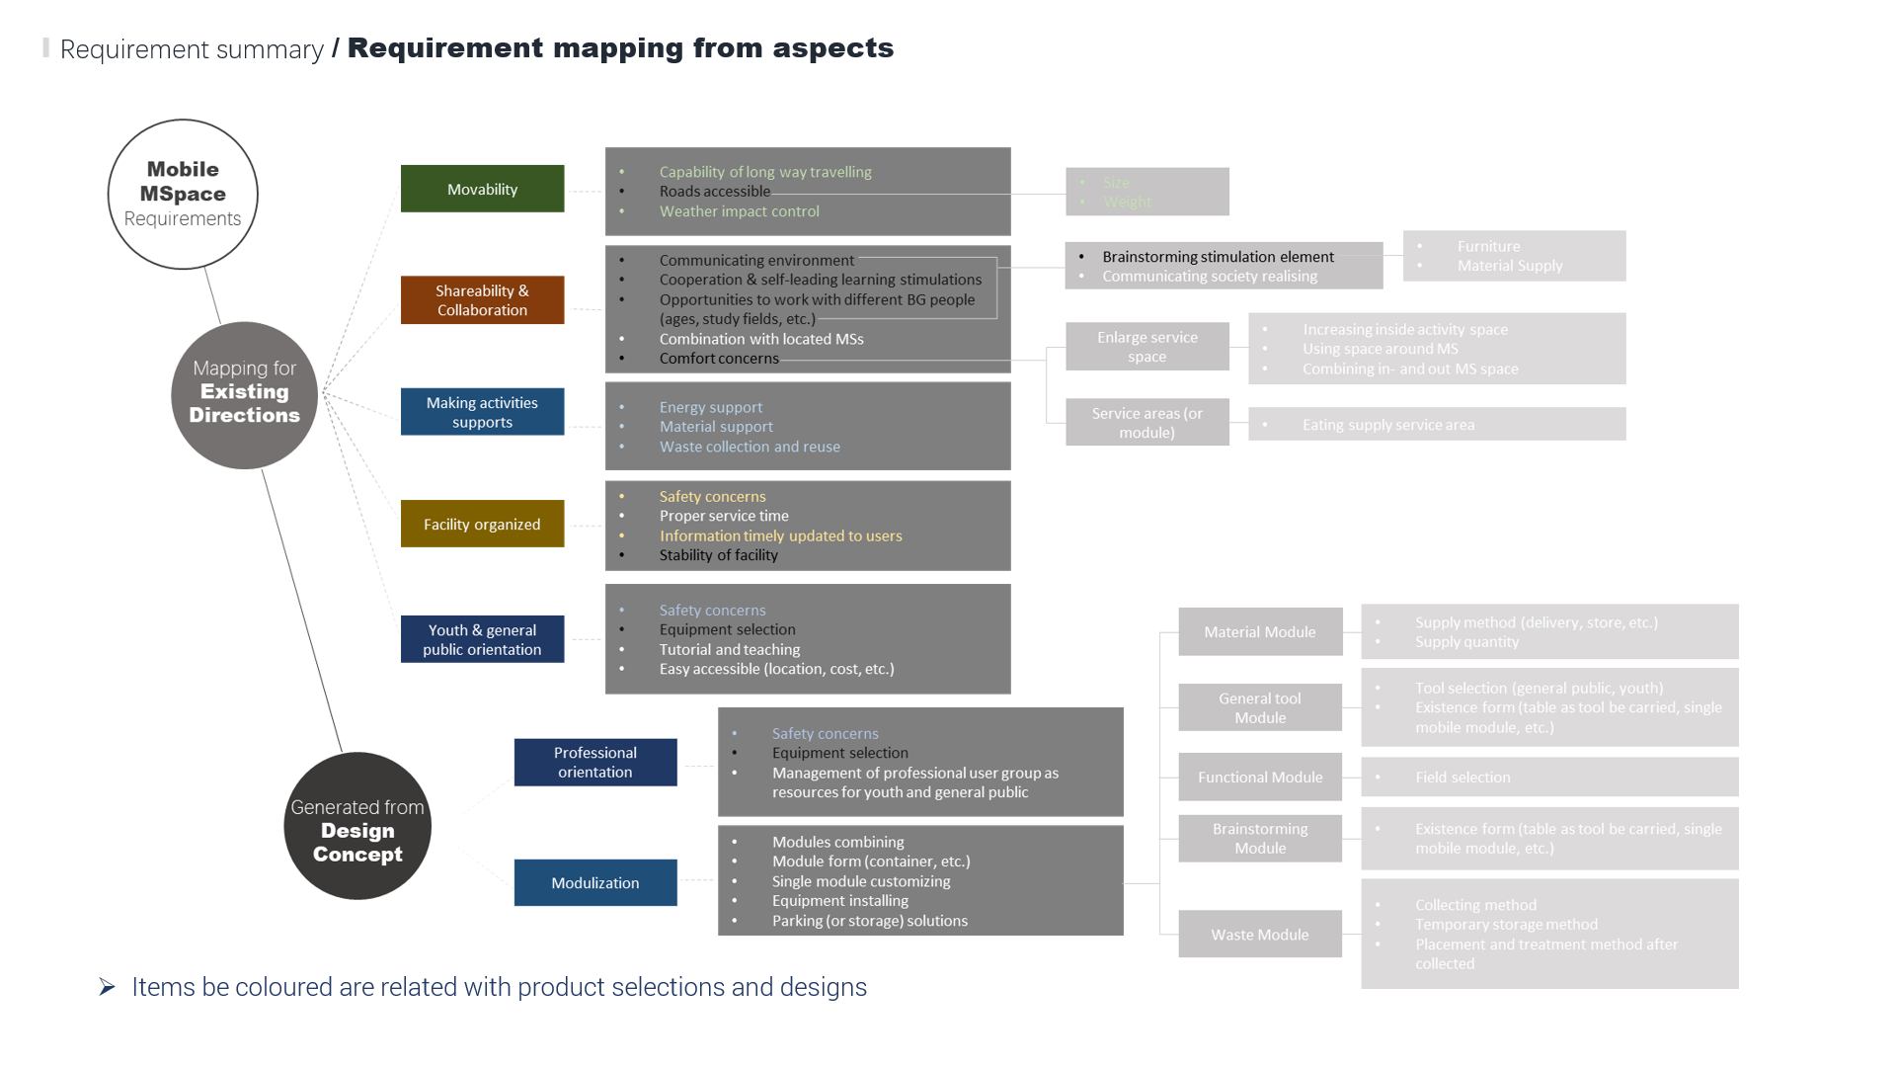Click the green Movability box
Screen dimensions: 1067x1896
tap(482, 189)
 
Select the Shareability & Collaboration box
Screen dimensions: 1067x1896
tap(482, 300)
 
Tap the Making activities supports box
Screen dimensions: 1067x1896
tap(482, 412)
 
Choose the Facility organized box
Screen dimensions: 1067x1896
tap(482, 524)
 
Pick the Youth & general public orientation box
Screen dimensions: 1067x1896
tap(482, 639)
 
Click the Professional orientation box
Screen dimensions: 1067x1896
tap(595, 762)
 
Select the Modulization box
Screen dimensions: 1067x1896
tap(595, 882)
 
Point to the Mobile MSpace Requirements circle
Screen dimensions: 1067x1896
tap(183, 194)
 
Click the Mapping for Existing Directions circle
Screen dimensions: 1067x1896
tap(245, 394)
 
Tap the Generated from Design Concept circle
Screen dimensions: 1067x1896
tap(357, 826)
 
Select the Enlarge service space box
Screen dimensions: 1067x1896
tap(1146, 347)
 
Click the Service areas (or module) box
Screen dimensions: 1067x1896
tap(1146, 423)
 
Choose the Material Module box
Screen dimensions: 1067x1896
tap(1260, 631)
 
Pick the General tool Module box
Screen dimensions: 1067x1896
tap(1260, 707)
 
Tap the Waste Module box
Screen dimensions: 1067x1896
tap(1260, 934)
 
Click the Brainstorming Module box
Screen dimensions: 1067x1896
tap(1260, 838)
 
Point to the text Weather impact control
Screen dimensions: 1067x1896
tap(739, 211)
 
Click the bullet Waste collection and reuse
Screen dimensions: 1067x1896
tap(750, 447)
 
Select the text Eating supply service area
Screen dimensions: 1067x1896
tap(1387, 425)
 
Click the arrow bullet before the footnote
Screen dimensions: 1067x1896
tap(108, 986)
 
